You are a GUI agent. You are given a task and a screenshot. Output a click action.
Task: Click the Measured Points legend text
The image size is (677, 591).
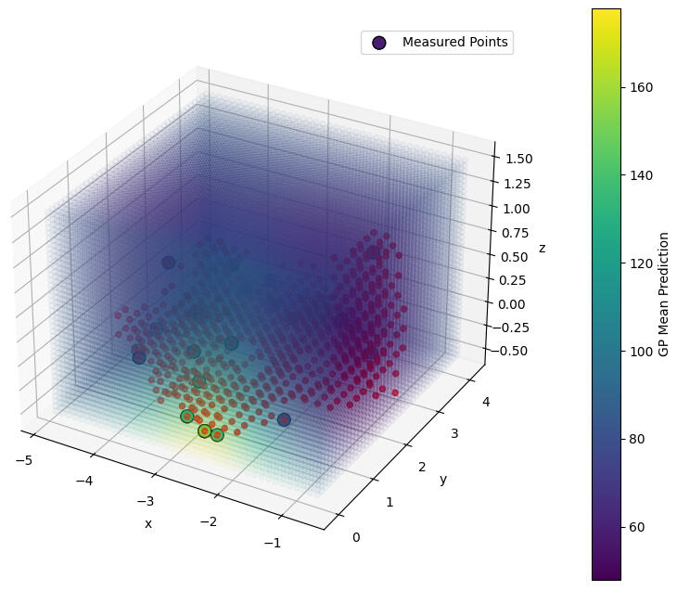[454, 42]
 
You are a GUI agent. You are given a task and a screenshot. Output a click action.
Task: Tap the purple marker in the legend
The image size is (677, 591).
[378, 42]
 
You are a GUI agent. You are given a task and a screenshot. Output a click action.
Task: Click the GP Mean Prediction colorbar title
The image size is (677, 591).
[663, 294]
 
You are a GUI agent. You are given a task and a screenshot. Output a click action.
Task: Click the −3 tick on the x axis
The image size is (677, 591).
[145, 501]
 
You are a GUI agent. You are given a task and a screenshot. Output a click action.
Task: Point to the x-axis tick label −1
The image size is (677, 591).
[272, 543]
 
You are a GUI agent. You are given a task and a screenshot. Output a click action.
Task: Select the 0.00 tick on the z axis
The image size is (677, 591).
[515, 303]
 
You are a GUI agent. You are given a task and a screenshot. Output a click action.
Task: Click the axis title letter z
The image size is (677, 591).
[542, 248]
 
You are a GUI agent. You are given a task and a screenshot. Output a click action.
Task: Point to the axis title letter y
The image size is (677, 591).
[443, 480]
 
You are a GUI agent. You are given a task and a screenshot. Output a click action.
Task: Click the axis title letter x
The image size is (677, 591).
[147, 524]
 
